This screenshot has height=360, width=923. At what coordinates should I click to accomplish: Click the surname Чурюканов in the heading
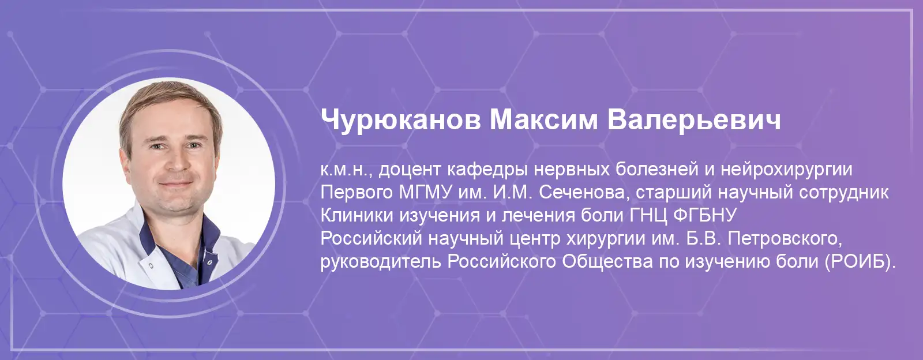point(400,121)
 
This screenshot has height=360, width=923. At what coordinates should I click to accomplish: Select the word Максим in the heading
point(543,120)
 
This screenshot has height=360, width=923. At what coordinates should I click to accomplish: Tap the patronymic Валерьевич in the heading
point(695,121)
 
